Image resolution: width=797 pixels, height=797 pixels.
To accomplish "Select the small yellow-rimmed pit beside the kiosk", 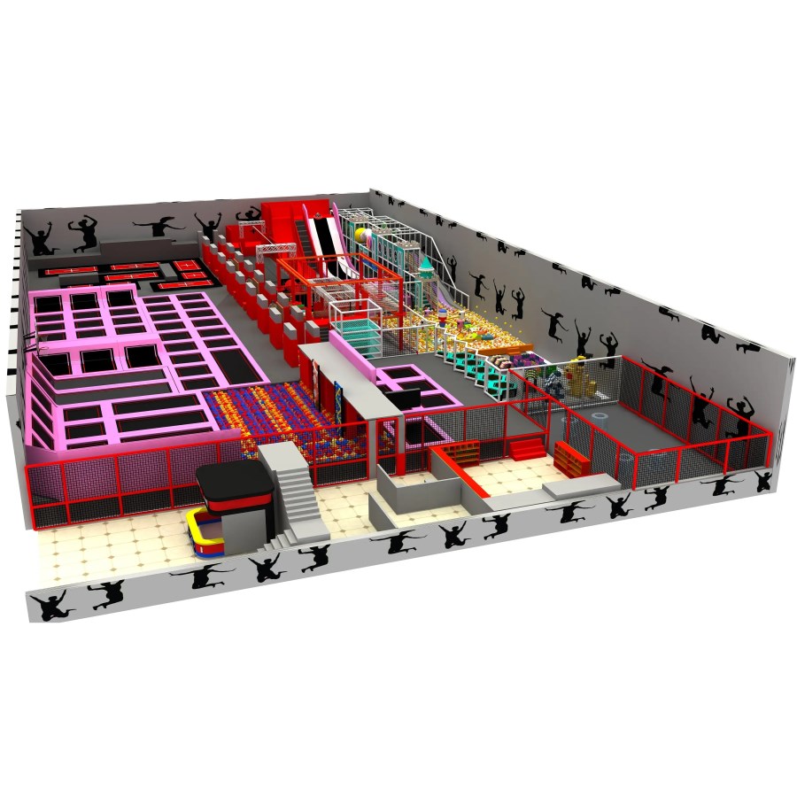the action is tap(206, 536).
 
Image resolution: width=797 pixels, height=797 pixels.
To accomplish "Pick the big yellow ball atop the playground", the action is tap(363, 238).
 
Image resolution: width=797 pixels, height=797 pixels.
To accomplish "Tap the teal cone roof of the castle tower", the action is tap(428, 265).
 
